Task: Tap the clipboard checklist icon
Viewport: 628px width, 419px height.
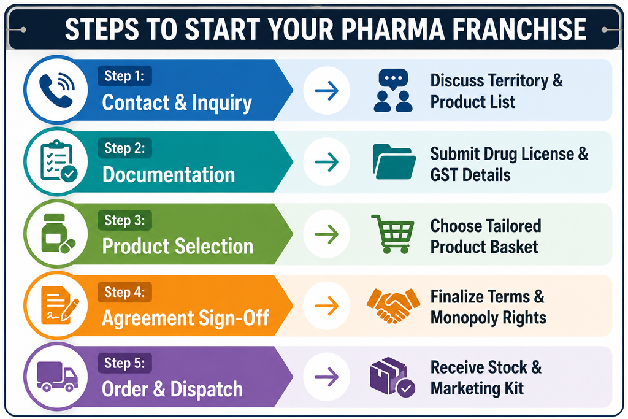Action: pos(58,161)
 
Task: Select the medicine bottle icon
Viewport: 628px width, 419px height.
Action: pos(58,234)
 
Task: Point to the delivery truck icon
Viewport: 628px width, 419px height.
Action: pos(57,376)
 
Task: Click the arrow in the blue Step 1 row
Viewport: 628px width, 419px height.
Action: pos(327,91)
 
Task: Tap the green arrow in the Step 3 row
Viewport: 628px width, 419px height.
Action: pos(327,234)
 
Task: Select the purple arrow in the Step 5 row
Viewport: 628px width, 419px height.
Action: pos(327,377)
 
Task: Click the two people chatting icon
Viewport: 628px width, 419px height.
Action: pos(393,90)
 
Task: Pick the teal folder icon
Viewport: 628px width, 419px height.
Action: pos(394,161)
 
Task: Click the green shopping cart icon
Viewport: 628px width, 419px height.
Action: pos(393,234)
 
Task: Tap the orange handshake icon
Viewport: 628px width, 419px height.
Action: pos(393,306)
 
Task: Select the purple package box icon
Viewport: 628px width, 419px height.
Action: pos(392,377)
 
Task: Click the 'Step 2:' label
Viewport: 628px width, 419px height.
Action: pos(124,148)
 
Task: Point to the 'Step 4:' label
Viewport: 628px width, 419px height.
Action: pos(124,292)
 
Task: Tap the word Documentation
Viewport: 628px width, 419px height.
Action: pos(169,175)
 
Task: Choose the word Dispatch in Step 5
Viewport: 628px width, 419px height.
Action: pos(207,390)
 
